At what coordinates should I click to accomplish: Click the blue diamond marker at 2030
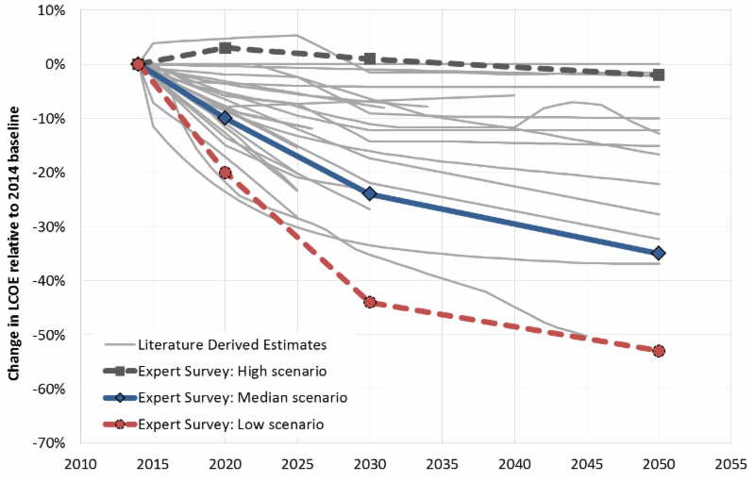(369, 193)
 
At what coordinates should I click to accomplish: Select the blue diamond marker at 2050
(659, 253)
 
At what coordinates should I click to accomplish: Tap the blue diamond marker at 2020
(225, 118)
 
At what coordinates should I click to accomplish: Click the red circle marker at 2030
(369, 302)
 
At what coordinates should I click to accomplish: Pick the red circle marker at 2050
(659, 351)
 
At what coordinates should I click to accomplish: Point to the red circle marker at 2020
(225, 173)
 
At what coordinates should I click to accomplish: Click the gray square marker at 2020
(225, 47)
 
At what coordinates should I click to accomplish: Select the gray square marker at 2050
(659, 75)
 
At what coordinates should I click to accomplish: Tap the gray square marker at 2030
(369, 58)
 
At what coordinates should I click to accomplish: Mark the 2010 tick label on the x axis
(80, 466)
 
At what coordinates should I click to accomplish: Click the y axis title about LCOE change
(16, 226)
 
